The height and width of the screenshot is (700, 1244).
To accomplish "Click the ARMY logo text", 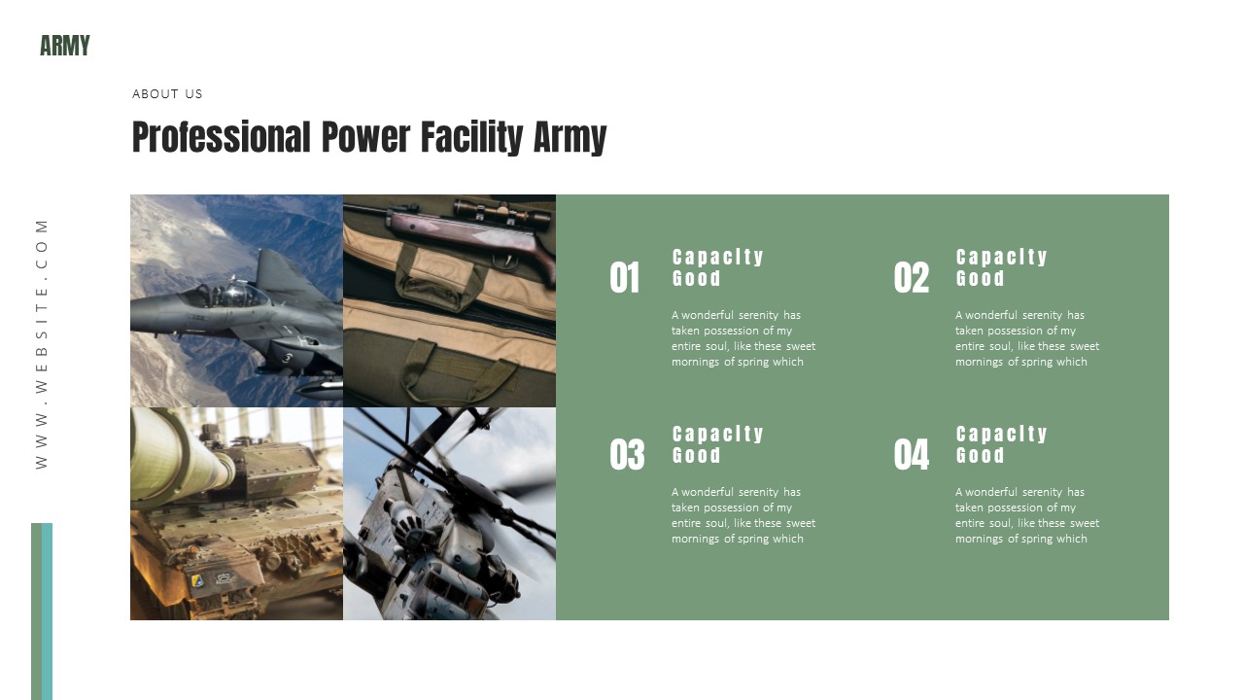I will coord(65,46).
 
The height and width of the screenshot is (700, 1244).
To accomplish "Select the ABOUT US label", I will coord(167,94).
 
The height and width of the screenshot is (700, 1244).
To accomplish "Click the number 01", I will coord(625,278).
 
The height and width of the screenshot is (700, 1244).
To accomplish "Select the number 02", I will coord(912,278).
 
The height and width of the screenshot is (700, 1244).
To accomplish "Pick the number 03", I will coord(627,455).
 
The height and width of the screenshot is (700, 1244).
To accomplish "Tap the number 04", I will coord(912,455).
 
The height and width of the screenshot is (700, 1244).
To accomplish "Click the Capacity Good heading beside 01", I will coord(718,267).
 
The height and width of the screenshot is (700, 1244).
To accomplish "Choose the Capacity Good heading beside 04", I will coord(1002,444).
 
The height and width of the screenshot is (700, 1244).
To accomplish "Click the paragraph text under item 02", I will coord(1027,338).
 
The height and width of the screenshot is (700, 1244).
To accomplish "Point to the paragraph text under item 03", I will coord(743,515).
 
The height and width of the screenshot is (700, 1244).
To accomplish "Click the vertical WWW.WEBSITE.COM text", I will coord(42,343).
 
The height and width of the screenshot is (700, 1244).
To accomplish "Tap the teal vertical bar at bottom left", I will coord(47,611).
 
